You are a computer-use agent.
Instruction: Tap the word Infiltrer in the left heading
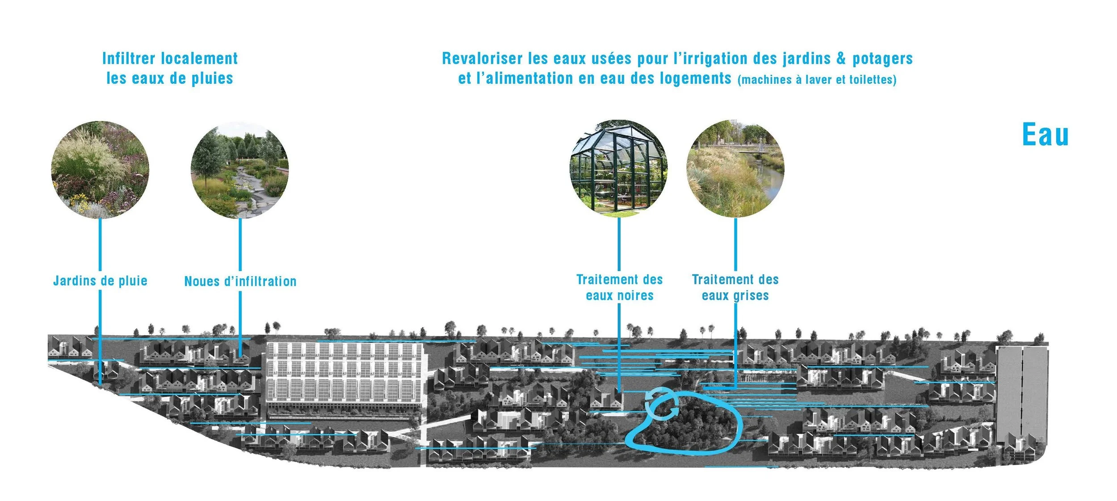coord(129,59)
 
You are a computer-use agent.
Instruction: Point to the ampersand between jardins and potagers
coord(841,59)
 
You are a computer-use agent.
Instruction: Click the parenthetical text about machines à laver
coord(817,80)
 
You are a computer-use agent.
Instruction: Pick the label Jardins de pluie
coord(100,281)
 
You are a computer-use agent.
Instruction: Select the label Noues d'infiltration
coord(240,282)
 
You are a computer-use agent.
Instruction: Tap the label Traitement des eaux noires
coord(619,287)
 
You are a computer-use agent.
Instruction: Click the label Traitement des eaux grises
coord(735,287)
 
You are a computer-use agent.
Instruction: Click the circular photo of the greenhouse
coord(618,168)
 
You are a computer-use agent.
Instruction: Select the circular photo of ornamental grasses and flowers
coord(100,169)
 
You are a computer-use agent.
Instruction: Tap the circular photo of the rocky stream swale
coord(239,170)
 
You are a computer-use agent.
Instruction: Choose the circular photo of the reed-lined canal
coord(735,168)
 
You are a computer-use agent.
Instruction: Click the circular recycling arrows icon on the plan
coord(662,404)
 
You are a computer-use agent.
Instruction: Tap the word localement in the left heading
coord(199,59)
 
